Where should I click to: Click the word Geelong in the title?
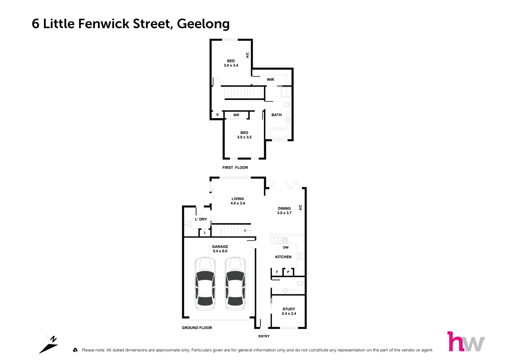point(203,24)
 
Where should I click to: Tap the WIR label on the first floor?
point(270,80)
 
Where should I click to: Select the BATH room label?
point(276,115)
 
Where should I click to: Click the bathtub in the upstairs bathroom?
point(278,134)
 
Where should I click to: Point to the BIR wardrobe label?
point(236,115)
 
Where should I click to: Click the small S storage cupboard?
point(217,115)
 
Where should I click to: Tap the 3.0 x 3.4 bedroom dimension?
point(231,66)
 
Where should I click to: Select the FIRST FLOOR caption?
point(235,168)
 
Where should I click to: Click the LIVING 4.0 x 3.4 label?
point(238,201)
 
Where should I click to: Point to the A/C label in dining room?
point(300,207)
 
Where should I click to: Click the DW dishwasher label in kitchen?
point(286,248)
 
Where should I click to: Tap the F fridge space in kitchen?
point(277,272)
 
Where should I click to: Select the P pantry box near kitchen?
point(288,272)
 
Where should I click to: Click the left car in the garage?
point(205,283)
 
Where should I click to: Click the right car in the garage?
point(235,283)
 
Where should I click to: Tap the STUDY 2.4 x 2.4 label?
point(289,311)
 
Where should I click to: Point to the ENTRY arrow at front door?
point(264,331)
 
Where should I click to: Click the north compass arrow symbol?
point(49,344)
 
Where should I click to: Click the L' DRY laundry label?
point(201,219)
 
